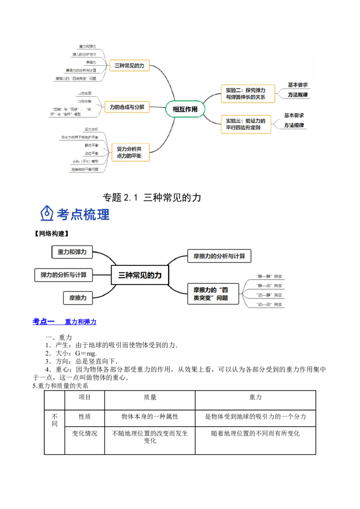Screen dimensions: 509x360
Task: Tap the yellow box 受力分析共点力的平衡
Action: (x=130, y=152)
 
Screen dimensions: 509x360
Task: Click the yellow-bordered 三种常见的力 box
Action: (x=129, y=66)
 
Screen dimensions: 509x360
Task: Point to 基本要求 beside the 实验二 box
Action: (x=298, y=85)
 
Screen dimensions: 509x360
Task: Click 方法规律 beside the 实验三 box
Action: (x=294, y=125)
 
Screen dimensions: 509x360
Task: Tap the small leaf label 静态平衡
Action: (x=91, y=145)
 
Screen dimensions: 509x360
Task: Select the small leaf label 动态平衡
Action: (x=91, y=153)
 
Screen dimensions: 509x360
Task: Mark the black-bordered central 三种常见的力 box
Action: (x=139, y=275)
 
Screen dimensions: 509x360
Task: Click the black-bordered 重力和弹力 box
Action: (x=69, y=252)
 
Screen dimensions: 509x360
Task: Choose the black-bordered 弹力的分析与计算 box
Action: (x=63, y=275)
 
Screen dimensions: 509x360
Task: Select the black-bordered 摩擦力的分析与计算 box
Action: (x=219, y=256)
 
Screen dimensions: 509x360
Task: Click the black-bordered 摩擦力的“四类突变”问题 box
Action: (x=213, y=294)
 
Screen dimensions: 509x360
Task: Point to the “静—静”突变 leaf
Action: (x=269, y=276)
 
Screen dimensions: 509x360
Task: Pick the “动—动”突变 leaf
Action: (x=269, y=304)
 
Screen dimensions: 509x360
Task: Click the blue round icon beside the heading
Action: (x=46, y=214)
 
